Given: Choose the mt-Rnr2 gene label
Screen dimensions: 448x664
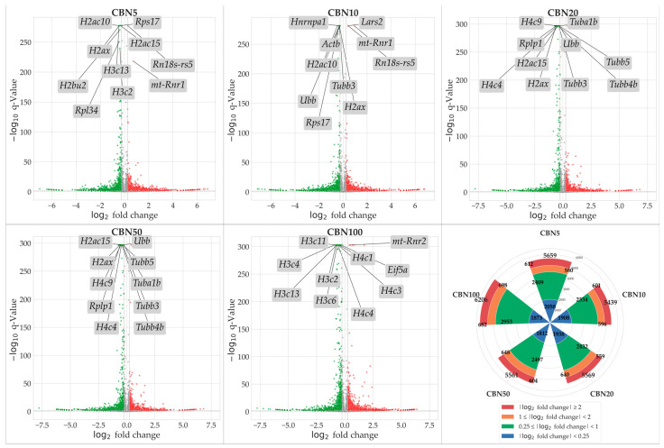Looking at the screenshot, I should tap(409, 242).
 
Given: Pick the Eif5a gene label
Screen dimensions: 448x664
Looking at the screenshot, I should tap(397, 269).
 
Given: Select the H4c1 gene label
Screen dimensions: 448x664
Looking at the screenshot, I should tap(363, 258).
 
